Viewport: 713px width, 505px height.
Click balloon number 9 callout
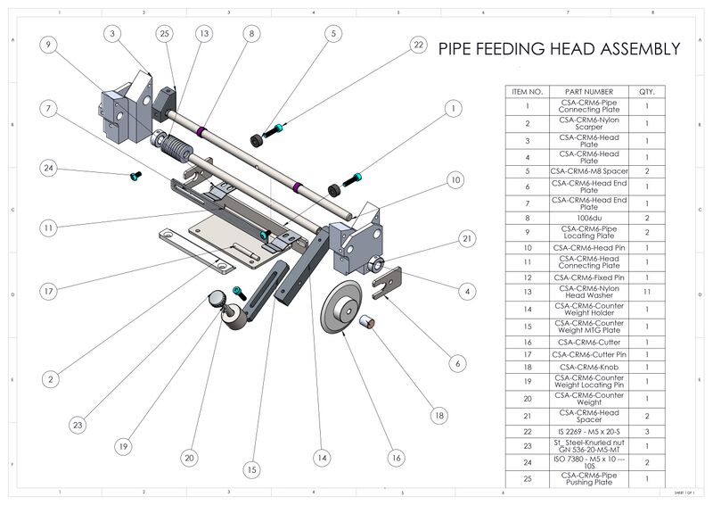click(x=48, y=43)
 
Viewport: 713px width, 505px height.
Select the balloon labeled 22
click(x=418, y=44)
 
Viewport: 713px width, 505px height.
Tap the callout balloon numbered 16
click(x=396, y=457)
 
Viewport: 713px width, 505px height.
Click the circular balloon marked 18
click(x=438, y=415)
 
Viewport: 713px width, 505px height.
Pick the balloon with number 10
click(x=455, y=179)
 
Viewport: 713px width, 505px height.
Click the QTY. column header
click(x=647, y=91)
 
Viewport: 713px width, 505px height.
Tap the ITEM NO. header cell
click(x=524, y=91)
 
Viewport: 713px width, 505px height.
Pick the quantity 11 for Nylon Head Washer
click(x=647, y=291)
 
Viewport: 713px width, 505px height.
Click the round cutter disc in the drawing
click(x=344, y=308)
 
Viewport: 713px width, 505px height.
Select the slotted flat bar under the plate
click(x=196, y=250)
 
